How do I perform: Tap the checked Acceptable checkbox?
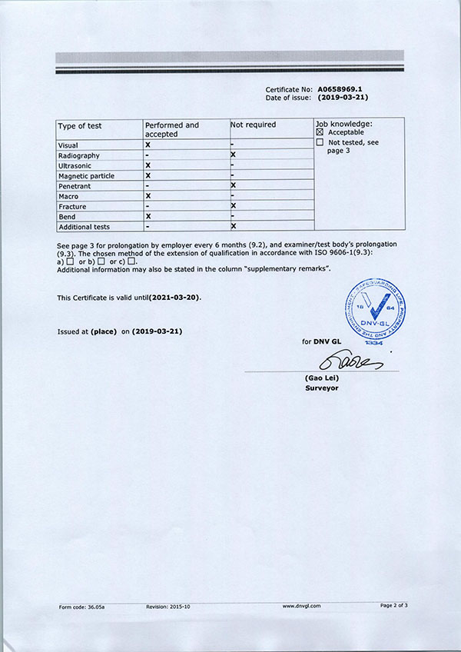click(320, 133)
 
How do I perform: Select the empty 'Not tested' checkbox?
click(320, 143)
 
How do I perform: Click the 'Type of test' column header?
click(80, 125)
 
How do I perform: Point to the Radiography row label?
click(79, 155)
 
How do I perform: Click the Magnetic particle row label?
click(86, 176)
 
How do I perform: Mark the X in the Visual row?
click(148, 145)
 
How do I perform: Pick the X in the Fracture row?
click(233, 206)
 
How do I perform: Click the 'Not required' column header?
click(254, 125)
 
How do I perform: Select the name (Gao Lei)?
click(322, 379)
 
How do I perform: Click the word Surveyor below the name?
click(322, 388)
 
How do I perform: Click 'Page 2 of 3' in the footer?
click(393, 606)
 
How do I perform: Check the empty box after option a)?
click(71, 262)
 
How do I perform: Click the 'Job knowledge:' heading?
click(343, 123)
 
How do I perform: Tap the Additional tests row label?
click(85, 227)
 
